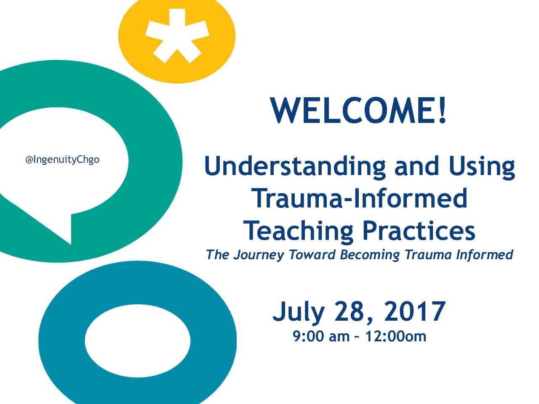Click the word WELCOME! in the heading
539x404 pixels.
coord(358,110)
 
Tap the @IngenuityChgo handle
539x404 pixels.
coord(62,160)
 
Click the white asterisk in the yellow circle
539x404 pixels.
coord(177,36)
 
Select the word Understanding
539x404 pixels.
coord(295,167)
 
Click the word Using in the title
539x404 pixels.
coord(482,167)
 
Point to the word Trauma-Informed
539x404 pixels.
coord(360,198)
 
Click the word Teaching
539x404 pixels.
coord(299,231)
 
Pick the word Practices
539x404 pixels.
coord(419,231)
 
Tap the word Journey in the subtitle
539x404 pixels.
coord(259,255)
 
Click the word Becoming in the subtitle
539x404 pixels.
coord(370,255)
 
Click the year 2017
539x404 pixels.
coord(415,311)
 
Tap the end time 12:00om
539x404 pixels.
coord(395,336)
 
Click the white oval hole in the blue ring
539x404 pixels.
coord(138,341)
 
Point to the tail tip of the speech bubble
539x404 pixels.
coord(71,245)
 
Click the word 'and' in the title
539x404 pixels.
coord(417,167)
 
